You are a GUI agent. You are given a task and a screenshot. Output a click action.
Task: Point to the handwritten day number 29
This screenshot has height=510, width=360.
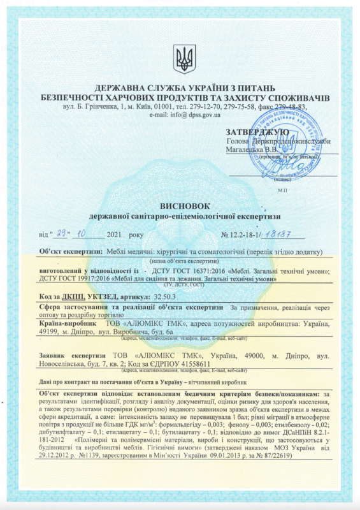point(61,234)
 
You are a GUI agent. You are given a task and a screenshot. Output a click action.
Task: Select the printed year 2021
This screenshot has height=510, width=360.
point(117,235)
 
